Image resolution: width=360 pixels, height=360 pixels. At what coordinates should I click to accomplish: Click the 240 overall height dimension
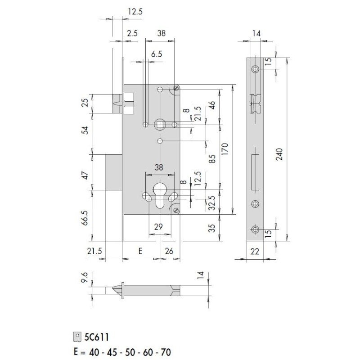click(279, 155)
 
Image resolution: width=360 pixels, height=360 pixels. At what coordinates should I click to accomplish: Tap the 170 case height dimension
click(225, 148)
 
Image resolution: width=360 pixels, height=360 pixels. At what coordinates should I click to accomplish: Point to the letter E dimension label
click(140, 251)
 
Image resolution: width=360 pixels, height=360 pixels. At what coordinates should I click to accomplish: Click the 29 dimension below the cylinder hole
click(158, 227)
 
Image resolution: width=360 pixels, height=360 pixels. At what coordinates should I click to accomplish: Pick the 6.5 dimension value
click(157, 54)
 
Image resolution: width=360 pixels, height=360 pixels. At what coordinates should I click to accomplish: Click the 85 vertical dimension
click(212, 159)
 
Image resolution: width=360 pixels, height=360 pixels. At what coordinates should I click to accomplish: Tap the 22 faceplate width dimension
click(255, 252)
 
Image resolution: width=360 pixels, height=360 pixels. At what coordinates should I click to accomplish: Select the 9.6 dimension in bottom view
click(85, 278)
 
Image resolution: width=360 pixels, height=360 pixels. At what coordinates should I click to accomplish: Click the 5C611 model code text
click(96, 337)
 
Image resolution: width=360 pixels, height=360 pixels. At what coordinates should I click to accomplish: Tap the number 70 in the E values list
click(165, 352)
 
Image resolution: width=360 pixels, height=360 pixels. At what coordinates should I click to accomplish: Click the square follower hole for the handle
click(160, 125)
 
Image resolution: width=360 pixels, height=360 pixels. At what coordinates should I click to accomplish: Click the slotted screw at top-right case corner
click(176, 88)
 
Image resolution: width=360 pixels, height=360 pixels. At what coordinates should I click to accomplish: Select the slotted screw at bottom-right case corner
click(176, 211)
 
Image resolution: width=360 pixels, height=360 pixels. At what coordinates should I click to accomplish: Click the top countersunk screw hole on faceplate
click(255, 69)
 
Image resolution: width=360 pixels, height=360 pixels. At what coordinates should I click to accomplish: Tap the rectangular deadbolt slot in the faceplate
click(255, 173)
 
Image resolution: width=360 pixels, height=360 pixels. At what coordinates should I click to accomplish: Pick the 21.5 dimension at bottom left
click(94, 251)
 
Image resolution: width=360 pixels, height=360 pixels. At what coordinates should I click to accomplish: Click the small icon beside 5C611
click(78, 337)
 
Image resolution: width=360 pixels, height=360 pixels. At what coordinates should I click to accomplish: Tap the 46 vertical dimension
click(212, 105)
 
